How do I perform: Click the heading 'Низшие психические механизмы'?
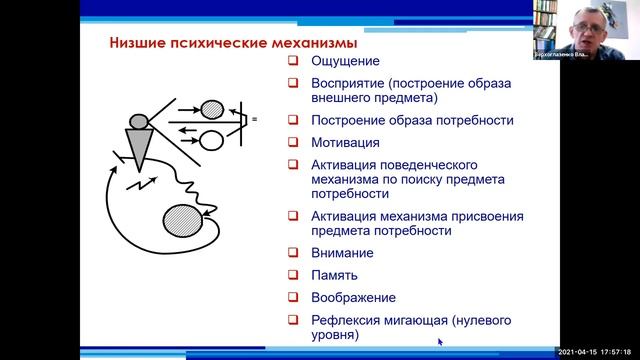[231, 44]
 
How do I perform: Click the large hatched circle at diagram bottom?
[183, 219]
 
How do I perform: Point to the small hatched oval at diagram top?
[213, 108]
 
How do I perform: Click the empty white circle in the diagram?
[212, 139]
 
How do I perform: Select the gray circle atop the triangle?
[138, 122]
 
